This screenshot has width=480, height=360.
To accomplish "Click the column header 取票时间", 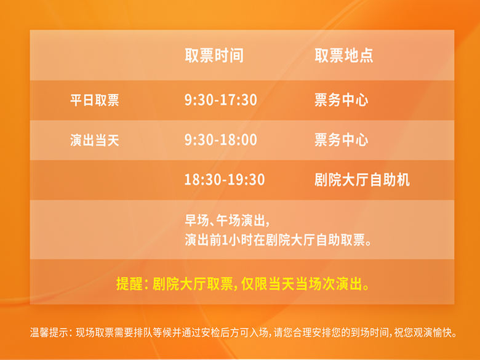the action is tap(214, 56).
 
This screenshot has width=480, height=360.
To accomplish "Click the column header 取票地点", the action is tap(344, 56).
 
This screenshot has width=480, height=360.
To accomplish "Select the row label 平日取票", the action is tap(95, 100).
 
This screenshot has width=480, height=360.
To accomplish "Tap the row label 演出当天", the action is tap(95, 140).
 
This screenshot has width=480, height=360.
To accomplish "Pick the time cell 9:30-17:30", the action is tap(221, 100).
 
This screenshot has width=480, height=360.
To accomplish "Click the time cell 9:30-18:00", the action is tap(221, 140).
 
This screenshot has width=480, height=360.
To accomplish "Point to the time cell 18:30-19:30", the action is tap(225, 180).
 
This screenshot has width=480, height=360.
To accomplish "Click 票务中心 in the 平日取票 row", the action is tap(342, 100).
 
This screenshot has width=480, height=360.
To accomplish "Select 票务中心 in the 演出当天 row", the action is tap(342, 140).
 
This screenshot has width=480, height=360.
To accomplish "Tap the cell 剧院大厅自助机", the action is tap(362, 180).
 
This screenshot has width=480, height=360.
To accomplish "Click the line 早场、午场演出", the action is tap(227, 220).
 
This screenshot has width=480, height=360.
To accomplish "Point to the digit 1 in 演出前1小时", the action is tap(225, 240).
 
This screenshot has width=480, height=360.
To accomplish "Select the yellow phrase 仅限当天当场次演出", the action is tap(305, 284).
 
